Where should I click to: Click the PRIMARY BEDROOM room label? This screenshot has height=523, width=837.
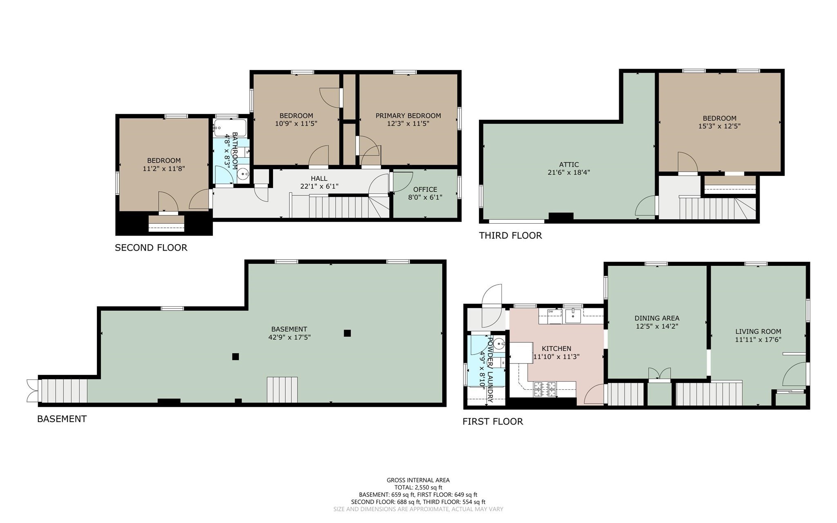(408, 116)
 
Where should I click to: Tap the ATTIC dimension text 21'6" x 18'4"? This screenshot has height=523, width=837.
(568, 173)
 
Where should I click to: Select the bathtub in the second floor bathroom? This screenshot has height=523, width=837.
(230, 128)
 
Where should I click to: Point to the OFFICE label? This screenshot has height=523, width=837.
(425, 189)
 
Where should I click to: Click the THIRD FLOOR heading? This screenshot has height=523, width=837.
(510, 236)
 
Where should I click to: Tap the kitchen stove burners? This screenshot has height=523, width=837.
(545, 389)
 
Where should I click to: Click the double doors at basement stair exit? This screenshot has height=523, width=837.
(32, 391)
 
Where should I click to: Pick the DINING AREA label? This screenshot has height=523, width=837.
(657, 318)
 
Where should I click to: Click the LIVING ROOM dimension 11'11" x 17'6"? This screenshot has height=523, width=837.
(758, 339)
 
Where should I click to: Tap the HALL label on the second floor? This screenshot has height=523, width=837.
(319, 178)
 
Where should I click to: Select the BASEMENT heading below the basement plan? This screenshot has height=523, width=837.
(62, 419)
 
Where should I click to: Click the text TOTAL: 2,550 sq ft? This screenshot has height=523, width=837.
(418, 487)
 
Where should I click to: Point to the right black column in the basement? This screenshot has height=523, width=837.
(347, 333)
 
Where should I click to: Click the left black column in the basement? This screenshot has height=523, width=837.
(235, 357)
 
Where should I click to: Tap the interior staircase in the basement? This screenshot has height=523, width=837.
(282, 390)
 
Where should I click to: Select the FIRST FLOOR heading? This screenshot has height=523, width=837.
(492, 421)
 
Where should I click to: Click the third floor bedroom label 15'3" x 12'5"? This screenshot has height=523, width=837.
(719, 126)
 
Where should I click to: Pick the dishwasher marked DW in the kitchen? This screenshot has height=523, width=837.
(551, 313)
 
